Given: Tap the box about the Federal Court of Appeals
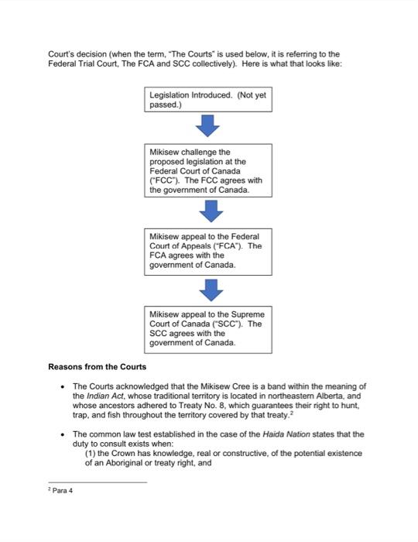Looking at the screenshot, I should (210, 250).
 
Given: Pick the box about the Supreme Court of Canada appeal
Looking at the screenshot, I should (210, 329).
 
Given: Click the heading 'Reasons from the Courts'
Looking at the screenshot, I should (98, 366).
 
